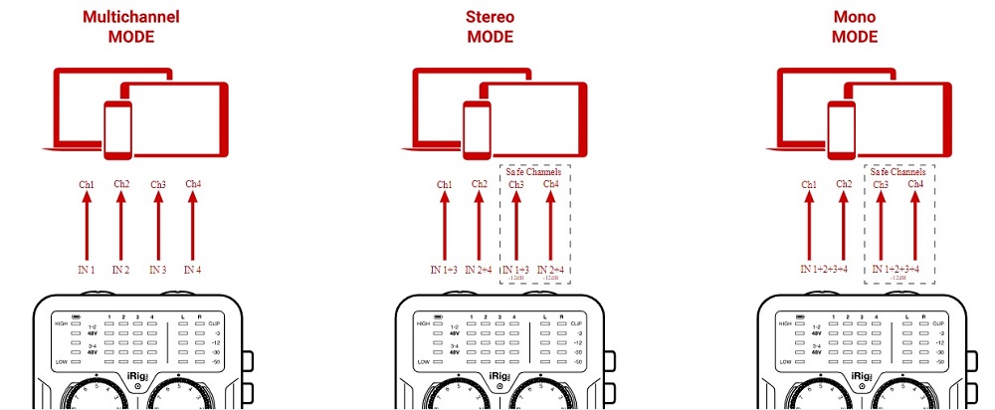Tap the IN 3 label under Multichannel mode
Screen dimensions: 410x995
point(157,270)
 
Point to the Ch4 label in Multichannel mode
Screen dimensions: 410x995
point(194,184)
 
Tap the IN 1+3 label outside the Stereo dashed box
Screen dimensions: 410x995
point(444,270)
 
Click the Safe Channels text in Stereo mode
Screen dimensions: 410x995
point(536,171)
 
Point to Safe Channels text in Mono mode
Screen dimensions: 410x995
point(898,171)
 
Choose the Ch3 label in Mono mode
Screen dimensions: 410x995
point(881,184)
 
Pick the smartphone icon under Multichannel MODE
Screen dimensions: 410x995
point(117,127)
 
